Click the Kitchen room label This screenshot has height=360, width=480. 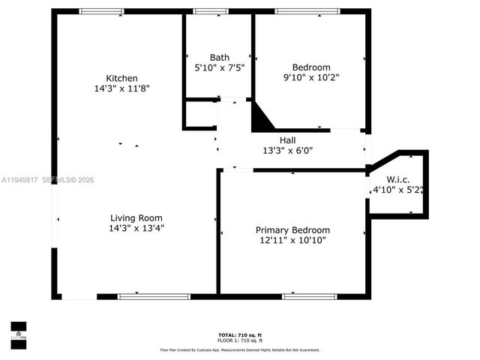point(121,78)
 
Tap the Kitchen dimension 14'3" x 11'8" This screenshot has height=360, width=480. point(121,88)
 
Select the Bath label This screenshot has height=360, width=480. point(220,57)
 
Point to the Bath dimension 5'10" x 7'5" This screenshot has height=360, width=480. point(220,67)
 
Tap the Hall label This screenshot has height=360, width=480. point(288,139)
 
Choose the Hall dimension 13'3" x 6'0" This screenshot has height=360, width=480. point(288,150)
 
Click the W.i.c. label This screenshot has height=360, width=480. point(397,179)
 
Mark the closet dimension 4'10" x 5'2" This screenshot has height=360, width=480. point(397,190)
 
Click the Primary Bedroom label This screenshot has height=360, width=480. point(292,230)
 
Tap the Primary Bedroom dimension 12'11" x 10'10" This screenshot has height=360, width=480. point(292,241)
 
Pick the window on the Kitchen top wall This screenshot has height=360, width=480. point(101,11)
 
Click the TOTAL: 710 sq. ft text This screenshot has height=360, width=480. point(239,334)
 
